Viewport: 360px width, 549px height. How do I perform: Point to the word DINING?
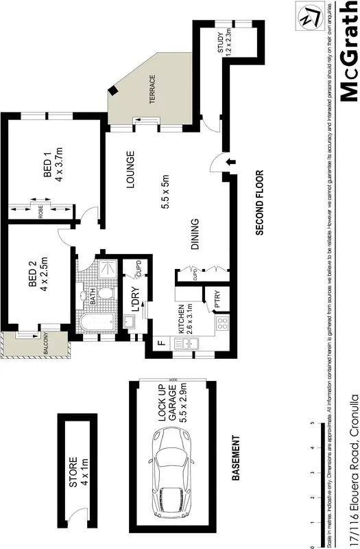[x=195, y=235]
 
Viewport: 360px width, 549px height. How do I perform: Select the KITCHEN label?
[x=183, y=320]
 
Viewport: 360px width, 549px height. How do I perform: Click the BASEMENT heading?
[x=235, y=458]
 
